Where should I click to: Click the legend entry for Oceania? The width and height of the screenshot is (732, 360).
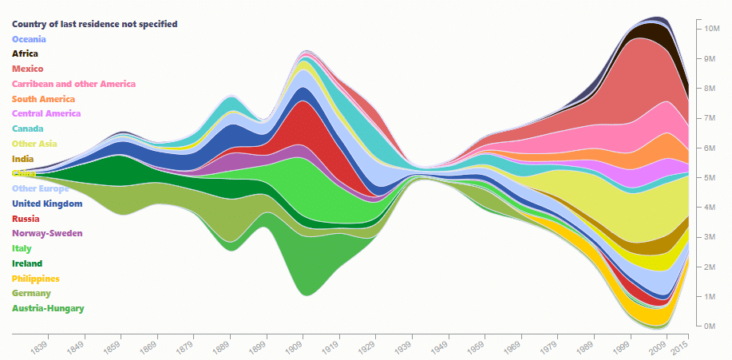(29, 39)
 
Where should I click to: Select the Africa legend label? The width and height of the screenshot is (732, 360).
(25, 54)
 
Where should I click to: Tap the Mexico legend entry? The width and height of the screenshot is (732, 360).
(28, 69)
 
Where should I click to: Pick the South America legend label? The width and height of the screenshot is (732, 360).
(43, 99)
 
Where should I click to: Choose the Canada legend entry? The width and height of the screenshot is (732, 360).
(28, 129)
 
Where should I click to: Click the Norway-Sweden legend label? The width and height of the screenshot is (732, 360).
(47, 233)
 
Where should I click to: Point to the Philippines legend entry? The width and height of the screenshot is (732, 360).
(36, 279)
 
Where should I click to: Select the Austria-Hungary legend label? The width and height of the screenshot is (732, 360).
(48, 308)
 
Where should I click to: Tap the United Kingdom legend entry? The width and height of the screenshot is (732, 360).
(47, 204)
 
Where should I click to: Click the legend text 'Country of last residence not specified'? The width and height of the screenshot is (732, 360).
(94, 25)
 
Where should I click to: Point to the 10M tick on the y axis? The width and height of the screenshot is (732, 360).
(713, 29)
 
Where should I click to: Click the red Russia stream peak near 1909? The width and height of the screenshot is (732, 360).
(302, 128)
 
